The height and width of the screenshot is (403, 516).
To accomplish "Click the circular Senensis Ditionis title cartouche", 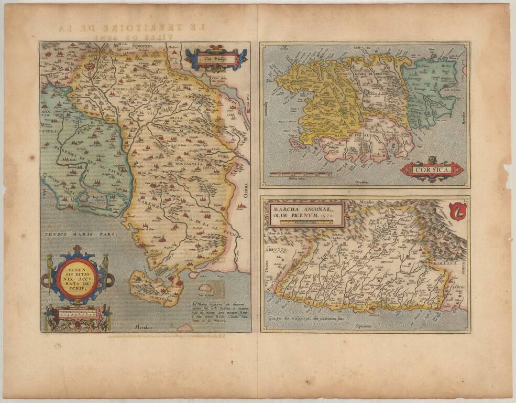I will click(x=76, y=280).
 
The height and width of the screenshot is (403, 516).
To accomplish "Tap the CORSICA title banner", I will click(x=432, y=169).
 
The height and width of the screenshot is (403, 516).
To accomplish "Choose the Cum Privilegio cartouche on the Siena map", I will click(x=215, y=59).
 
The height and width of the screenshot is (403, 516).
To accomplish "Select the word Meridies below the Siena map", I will click(x=147, y=327).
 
